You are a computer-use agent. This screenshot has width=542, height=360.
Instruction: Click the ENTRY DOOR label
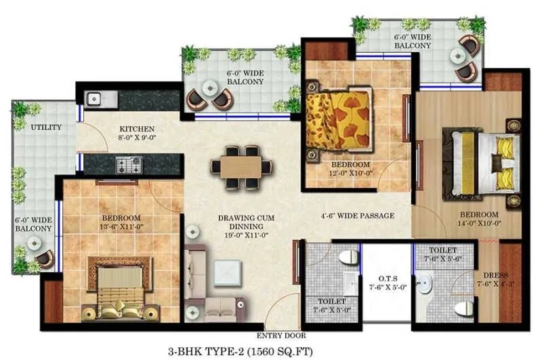281,336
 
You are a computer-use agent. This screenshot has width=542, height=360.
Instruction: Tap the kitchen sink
94,99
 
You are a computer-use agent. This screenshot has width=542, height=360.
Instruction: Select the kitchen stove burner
127,164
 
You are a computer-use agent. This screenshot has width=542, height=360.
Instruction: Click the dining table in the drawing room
241,166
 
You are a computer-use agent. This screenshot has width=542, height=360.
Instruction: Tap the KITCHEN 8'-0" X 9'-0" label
138,134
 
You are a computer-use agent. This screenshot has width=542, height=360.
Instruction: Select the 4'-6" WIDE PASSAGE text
357,216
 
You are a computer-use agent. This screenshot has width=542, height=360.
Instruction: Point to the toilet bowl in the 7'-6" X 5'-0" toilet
348,258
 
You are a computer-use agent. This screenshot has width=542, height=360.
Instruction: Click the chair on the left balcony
45,258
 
